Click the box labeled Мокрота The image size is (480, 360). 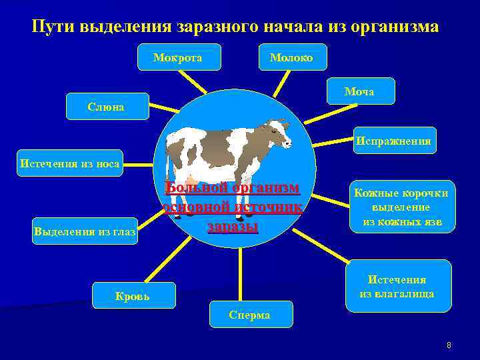[178, 57]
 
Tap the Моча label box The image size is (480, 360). [360, 91]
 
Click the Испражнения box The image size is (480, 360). [395, 141]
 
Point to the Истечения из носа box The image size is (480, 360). [70, 163]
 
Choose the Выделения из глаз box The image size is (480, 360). [85, 231]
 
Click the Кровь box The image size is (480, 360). [134, 295]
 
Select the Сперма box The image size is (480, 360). [249, 315]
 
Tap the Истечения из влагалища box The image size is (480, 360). [397, 286]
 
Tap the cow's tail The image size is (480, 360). [169, 150]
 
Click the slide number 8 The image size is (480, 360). [449, 345]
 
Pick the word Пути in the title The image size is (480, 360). [53, 27]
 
